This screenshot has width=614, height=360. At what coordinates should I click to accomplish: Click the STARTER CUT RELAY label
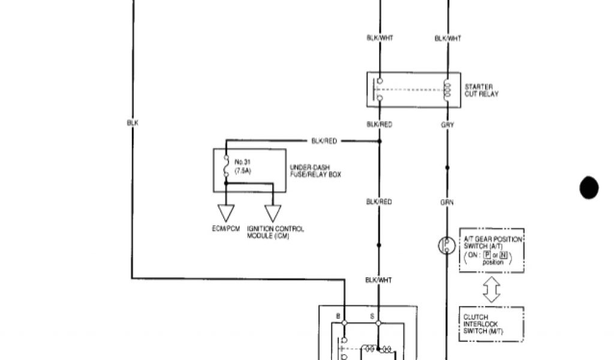(x=481, y=91)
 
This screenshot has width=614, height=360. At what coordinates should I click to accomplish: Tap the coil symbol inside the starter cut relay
(x=447, y=90)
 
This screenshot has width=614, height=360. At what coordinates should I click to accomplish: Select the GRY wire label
(x=447, y=125)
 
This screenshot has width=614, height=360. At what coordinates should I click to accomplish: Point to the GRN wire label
(x=447, y=203)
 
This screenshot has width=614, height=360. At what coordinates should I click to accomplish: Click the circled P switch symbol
(x=447, y=245)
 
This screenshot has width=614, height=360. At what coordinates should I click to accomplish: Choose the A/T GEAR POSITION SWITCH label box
(x=491, y=250)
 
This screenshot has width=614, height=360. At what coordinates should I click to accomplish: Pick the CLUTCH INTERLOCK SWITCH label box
(x=491, y=325)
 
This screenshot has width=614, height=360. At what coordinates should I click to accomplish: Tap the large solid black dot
(x=589, y=188)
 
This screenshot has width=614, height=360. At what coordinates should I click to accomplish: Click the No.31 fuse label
(x=242, y=166)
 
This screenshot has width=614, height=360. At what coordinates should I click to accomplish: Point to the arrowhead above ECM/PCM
(x=226, y=213)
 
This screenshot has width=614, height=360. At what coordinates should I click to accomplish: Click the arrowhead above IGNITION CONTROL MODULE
(x=273, y=213)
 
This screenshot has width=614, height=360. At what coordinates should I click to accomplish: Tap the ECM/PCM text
(x=226, y=229)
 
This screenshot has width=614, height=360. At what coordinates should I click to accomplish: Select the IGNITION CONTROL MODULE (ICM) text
(x=275, y=232)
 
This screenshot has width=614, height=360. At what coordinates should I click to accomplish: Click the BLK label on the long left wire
(x=133, y=122)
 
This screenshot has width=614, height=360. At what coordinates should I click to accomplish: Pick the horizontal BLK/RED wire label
(x=324, y=141)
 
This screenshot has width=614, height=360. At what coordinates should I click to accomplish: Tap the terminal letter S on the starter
(x=371, y=316)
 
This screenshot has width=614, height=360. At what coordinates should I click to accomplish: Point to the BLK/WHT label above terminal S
(x=379, y=280)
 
